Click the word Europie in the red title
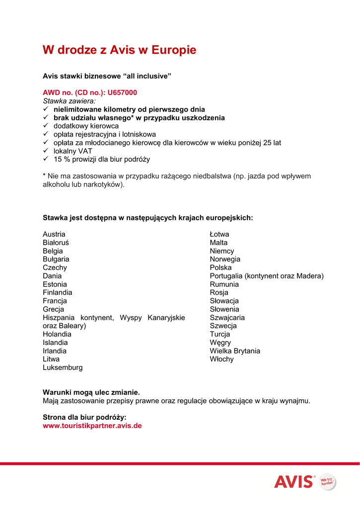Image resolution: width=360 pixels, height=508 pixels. (173, 50)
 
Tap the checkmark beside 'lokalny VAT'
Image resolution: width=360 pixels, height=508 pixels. (45, 151)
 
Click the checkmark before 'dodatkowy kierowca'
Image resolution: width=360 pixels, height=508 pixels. (45, 126)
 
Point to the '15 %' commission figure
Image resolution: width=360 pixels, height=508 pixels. (62, 159)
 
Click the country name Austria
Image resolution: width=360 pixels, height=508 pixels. (54, 234)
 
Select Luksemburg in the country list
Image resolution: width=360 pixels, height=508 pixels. (63, 368)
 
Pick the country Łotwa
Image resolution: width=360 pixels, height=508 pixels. (219, 234)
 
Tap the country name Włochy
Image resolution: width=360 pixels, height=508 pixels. (221, 359)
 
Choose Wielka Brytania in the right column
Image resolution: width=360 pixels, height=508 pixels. (235, 351)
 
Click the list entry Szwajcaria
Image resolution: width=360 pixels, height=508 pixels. (227, 317)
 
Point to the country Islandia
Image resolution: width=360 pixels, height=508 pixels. (55, 342)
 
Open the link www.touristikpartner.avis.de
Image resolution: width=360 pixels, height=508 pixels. (92, 426)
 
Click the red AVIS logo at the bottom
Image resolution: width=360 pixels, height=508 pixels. (294, 481)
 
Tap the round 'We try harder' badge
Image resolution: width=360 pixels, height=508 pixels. (327, 481)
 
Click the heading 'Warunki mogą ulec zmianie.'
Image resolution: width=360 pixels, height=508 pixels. (91, 392)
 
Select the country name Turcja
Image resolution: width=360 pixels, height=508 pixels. (220, 334)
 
